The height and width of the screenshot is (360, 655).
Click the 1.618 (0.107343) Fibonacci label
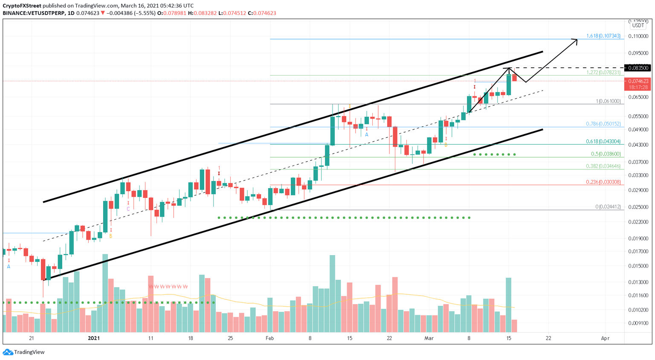[603, 36]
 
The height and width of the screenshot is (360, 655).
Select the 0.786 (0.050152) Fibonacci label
[603, 124]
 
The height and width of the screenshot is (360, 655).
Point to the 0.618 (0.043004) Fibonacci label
[603, 142]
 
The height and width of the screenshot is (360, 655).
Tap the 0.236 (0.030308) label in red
[603, 182]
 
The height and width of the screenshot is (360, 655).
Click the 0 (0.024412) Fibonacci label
[608, 207]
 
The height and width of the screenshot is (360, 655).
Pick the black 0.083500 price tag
[637, 68]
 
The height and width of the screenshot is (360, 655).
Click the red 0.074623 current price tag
[637, 81]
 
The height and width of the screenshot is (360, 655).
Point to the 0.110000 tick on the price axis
[638, 36]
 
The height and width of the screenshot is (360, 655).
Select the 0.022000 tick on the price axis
[638, 222]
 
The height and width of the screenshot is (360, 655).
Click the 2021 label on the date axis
[93, 338]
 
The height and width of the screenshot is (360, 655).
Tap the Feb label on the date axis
[270, 338]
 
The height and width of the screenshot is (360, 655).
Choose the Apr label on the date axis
[605, 338]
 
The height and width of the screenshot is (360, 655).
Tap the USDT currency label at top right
[638, 26]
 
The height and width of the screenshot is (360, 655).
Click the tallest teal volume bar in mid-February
[332, 293]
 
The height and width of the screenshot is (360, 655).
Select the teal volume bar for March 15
[508, 305]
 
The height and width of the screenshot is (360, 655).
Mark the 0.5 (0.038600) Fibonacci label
[606, 154]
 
